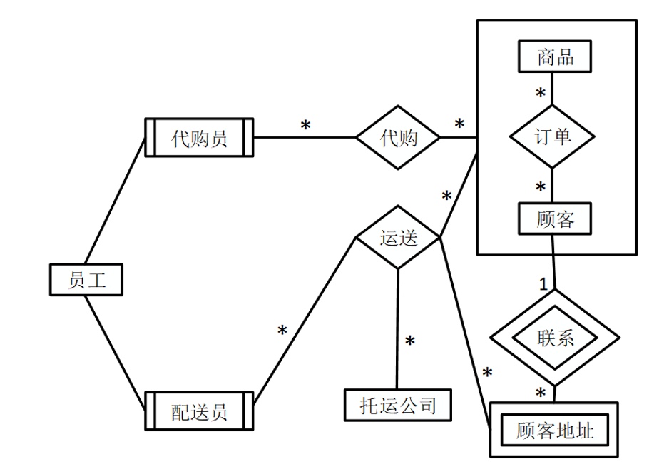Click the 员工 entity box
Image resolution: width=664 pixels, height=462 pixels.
(86, 279)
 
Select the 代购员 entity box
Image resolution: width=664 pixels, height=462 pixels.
(199, 137)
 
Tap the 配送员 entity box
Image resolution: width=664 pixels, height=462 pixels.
(199, 411)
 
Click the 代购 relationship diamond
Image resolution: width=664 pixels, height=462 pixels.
(399, 138)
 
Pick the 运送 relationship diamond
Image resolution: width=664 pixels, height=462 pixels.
(398, 238)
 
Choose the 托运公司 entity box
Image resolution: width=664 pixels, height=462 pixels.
(398, 406)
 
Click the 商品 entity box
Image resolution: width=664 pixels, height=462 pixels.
(555, 56)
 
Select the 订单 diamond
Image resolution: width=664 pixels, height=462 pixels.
(553, 136)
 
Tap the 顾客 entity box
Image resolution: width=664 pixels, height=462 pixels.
(555, 220)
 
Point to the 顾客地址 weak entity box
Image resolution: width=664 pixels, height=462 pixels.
(554, 430)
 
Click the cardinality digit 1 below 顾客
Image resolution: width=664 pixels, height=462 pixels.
(543, 283)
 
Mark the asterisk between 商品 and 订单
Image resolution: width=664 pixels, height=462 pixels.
(541, 94)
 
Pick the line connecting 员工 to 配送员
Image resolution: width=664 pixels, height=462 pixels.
(114, 344)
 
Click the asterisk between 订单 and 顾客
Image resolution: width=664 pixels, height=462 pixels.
(541, 188)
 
